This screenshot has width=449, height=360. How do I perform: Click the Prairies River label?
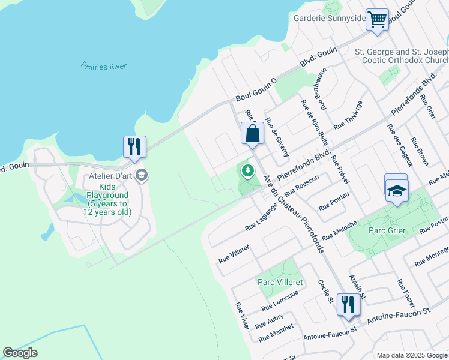(x=103, y=66)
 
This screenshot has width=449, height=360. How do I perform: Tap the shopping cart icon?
(x=377, y=19)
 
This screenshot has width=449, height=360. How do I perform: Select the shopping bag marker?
(x=252, y=133)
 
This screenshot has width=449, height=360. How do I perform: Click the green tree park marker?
(x=247, y=172)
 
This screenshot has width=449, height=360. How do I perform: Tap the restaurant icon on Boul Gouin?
(x=134, y=146)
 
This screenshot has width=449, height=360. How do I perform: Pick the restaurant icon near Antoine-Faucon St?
(x=348, y=304)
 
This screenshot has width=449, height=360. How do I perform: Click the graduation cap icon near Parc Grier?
(x=396, y=190)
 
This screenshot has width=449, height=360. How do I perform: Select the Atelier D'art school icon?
(x=142, y=176)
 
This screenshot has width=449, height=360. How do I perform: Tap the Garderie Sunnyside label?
(x=329, y=18)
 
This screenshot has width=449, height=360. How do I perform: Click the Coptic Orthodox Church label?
(x=411, y=56)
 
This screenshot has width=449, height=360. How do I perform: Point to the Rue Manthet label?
(x=276, y=333)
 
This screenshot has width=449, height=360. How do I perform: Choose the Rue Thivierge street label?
(x=348, y=115)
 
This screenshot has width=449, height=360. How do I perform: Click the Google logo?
(x=20, y=353)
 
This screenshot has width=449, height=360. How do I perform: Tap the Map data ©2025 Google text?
(x=411, y=355)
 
